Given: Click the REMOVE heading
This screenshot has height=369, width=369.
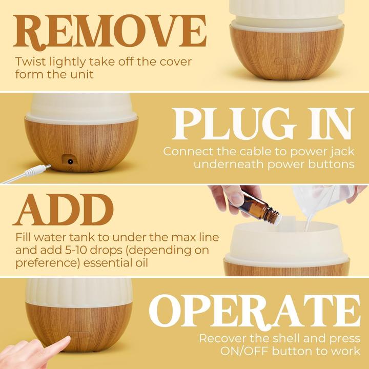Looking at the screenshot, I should coord(110,32).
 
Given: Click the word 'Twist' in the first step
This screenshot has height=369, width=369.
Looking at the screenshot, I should coord(29,62).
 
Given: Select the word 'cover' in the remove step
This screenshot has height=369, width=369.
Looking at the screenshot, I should coord(175,62).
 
